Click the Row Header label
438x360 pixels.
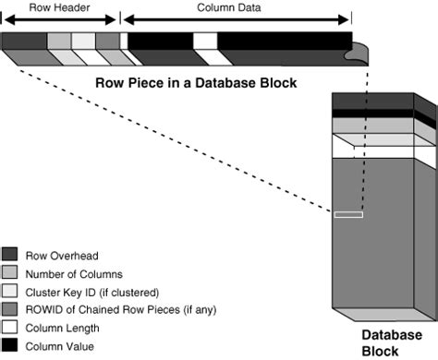coord(60,6)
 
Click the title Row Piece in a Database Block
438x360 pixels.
coord(197,83)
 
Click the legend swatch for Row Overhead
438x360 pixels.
coord(10,256)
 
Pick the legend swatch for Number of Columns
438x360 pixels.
coord(10,274)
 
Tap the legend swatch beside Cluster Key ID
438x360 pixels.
coord(10,292)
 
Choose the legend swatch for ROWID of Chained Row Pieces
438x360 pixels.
coord(10,310)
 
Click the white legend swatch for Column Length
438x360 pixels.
coord(10,328)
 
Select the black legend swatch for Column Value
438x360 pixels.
coord(10,346)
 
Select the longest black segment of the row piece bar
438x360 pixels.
coord(284,41)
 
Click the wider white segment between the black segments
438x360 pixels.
coord(205,41)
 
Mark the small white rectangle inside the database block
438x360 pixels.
coord(348,214)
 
